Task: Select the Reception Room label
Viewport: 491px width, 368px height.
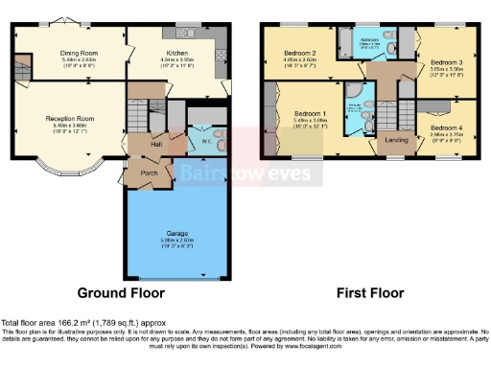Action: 70,119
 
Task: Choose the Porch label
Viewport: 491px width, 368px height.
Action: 149,174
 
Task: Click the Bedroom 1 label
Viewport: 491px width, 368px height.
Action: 311,116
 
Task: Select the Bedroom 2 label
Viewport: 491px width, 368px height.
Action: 301,53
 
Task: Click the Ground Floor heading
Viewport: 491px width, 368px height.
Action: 120,293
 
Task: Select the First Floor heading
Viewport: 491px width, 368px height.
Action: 368,293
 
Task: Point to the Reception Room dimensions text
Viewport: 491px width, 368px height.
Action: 70,128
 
